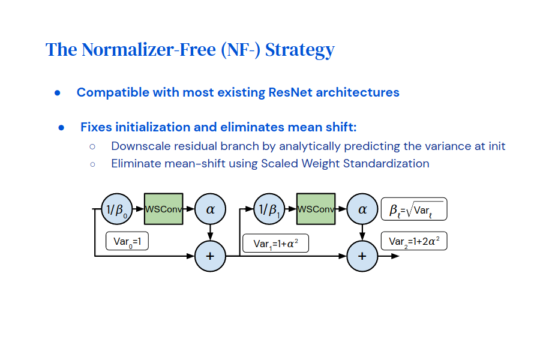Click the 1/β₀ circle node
point(116,209)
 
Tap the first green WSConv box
point(163,209)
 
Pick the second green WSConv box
point(316,209)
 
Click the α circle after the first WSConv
point(210,209)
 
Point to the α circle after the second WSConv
point(362,209)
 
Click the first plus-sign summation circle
point(210,256)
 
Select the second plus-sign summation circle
point(362,256)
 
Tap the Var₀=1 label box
point(127,241)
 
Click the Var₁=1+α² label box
point(275,243)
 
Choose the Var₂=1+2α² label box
point(414,241)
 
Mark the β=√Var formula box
point(414,209)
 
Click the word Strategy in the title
point(299,50)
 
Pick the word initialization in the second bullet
point(151,127)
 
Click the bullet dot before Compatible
point(58,93)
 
